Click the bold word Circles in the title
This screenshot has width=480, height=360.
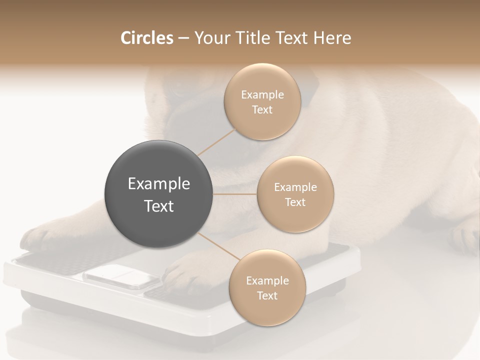tap(146, 38)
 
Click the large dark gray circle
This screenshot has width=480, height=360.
tap(159, 194)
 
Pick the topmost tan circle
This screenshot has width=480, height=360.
tap(262, 102)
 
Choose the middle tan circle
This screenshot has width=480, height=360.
tap(295, 194)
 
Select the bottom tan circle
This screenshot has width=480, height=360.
tap(267, 288)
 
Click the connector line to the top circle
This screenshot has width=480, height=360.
tap(216, 141)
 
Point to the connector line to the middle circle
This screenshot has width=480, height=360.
tap(235, 194)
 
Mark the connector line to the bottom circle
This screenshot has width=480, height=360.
tap(218, 247)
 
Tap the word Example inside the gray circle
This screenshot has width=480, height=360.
tap(159, 184)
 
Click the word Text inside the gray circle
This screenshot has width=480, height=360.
tap(159, 206)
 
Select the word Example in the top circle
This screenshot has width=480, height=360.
tap(262, 94)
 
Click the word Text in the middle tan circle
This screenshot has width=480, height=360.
tap(295, 202)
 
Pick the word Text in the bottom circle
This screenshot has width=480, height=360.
tap(267, 295)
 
